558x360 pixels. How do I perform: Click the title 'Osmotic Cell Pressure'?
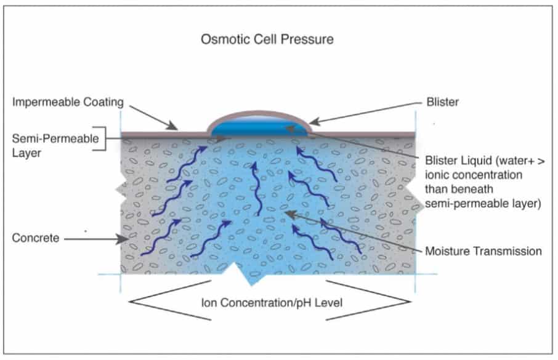pyautogui.click(x=267, y=39)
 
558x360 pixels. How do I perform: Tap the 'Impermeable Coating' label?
pyautogui.click(x=68, y=102)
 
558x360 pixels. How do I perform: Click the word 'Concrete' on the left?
pyautogui.click(x=36, y=238)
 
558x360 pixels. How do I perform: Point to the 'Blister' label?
pyautogui.click(x=442, y=102)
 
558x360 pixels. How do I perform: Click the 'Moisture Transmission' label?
pyautogui.click(x=483, y=250)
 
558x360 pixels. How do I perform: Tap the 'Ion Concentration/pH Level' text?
pyautogui.click(x=270, y=302)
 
